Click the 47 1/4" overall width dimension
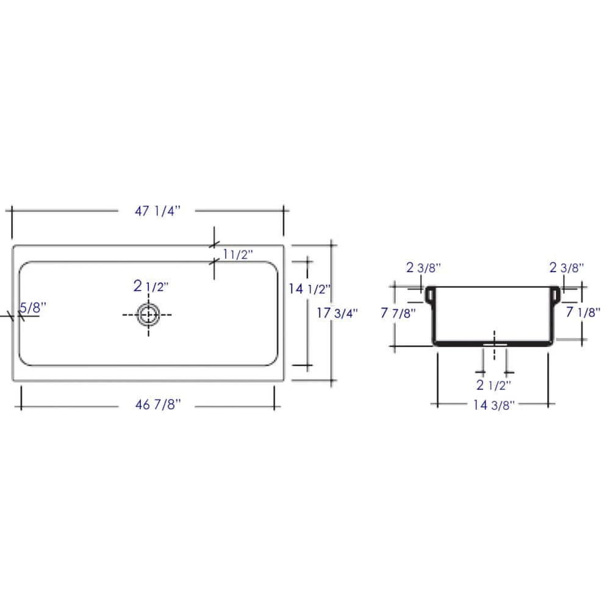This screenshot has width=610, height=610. (x=158, y=211)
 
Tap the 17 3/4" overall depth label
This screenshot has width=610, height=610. (x=337, y=312)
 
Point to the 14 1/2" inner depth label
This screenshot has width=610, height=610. (x=309, y=289)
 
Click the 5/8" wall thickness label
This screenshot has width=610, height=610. (x=31, y=308)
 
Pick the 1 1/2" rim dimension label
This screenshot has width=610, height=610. (x=237, y=254)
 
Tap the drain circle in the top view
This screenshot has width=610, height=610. (x=148, y=314)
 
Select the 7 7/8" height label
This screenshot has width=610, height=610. (x=398, y=314)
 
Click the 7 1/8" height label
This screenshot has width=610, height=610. (x=584, y=312)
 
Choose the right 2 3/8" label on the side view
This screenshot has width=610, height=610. (x=567, y=267)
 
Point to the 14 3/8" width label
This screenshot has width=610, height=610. (x=494, y=404)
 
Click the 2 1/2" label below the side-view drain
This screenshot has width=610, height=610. (x=493, y=384)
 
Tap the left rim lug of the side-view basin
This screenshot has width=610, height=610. (x=429, y=295)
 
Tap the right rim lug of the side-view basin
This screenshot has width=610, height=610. (x=556, y=295)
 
